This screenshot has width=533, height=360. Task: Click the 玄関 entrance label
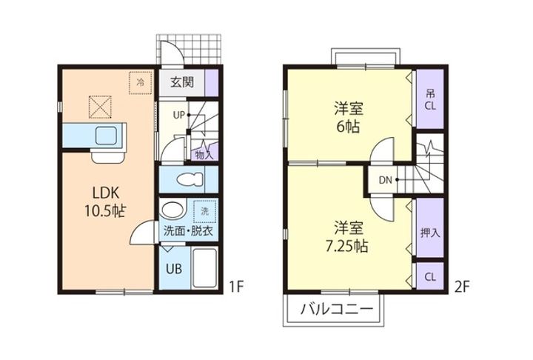[182, 82]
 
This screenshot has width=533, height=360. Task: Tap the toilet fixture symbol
[190, 179]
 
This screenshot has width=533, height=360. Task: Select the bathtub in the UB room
[204, 269]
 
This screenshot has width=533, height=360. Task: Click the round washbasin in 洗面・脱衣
[173, 210]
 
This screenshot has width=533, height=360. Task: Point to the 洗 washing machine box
[204, 211]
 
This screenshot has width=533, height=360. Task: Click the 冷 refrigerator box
[141, 83]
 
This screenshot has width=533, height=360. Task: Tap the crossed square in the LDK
[100, 107]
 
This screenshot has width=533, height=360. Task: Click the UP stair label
[179, 116]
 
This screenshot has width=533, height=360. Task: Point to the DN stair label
[386, 180]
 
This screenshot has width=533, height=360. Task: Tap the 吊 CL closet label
[430, 100]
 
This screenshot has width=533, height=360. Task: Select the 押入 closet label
[430, 233]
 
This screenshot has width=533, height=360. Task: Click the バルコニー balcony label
[337, 309]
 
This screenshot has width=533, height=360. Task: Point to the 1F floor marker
[236, 287]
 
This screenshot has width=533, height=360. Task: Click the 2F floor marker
[462, 287]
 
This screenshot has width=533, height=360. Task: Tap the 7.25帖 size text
[346, 246]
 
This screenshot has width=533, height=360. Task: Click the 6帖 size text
[348, 127]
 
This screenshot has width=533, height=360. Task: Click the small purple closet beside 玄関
[211, 83]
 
